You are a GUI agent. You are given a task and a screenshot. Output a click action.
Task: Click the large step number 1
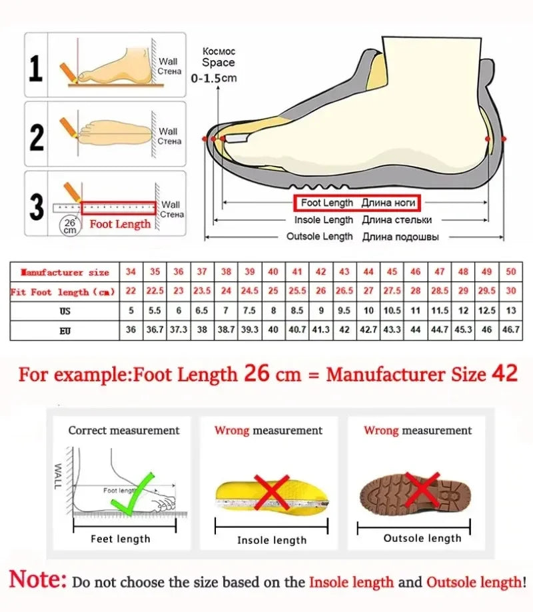point(37,69)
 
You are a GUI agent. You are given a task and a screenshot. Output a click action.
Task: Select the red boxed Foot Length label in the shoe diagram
point(354,203)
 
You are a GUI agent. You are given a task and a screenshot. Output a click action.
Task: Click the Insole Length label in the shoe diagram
point(324,220)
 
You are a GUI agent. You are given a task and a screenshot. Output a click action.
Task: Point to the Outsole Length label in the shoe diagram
point(320,237)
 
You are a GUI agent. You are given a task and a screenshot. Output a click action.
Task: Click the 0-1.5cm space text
point(214,78)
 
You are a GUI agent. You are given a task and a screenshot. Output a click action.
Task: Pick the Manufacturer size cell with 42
point(320,273)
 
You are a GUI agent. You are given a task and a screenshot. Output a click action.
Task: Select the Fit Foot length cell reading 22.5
point(155,292)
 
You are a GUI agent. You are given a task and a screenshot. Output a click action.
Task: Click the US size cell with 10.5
point(392,311)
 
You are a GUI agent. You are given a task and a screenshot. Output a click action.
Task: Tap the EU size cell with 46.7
point(510,329)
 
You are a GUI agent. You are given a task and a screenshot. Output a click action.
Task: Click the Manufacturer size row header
point(65,273)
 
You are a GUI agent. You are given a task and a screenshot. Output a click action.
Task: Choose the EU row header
point(64,329)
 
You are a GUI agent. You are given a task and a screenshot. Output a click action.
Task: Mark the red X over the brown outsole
point(423,489)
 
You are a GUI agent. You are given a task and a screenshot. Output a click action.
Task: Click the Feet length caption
point(121,539)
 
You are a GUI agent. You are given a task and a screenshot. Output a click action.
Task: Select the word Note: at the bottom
point(38,581)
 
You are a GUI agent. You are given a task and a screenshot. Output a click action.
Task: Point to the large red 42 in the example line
point(504,373)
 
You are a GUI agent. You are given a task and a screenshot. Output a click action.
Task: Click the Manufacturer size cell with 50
point(510,273)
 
